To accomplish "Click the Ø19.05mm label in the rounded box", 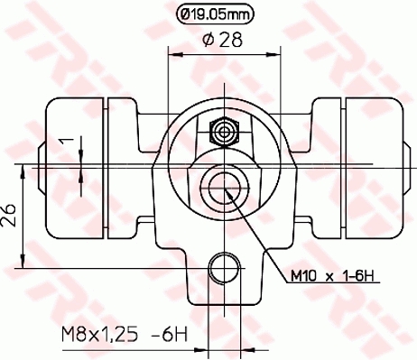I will click(x=213, y=14).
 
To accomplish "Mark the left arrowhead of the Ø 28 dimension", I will click(x=175, y=57).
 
